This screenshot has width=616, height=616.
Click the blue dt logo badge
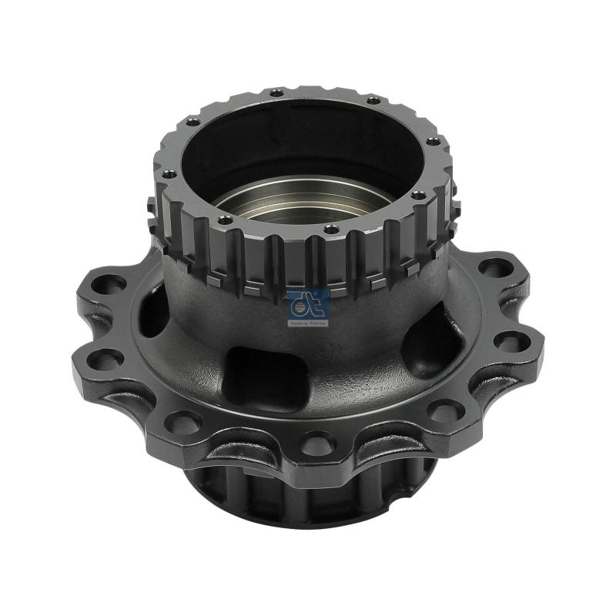point(307,305)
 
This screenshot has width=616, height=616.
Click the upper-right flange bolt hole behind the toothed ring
point(492,269)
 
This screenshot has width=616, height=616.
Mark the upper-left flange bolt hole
point(112,283)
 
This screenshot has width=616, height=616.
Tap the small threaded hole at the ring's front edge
point(330,229)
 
